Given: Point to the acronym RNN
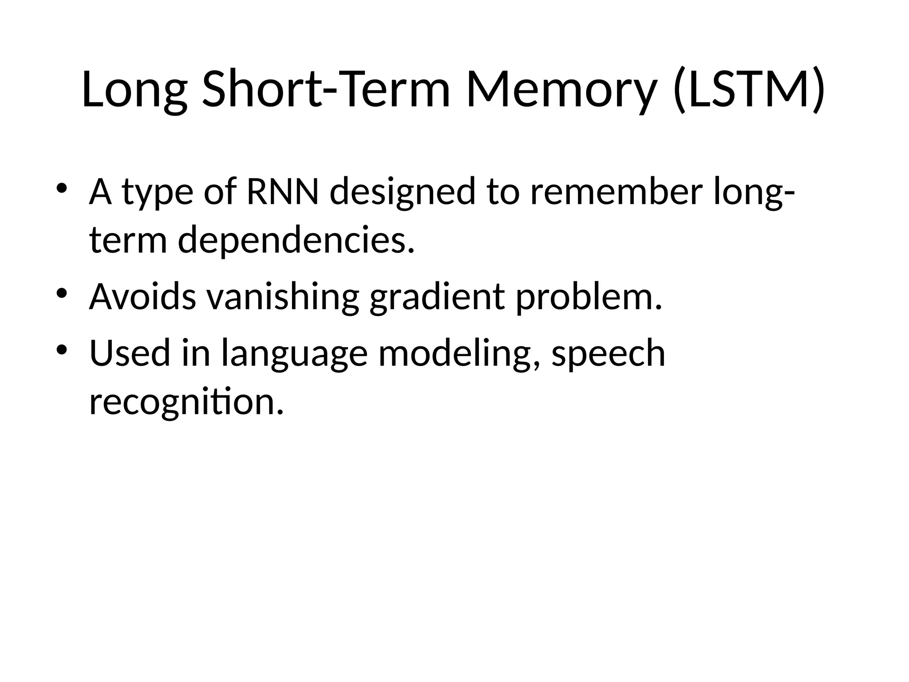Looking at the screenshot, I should [x=282, y=192].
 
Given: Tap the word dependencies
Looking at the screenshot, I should [x=296, y=240].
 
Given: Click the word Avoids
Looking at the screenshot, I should [x=142, y=297].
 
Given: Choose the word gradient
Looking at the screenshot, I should [x=437, y=297].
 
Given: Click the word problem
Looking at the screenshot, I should [x=589, y=297].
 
